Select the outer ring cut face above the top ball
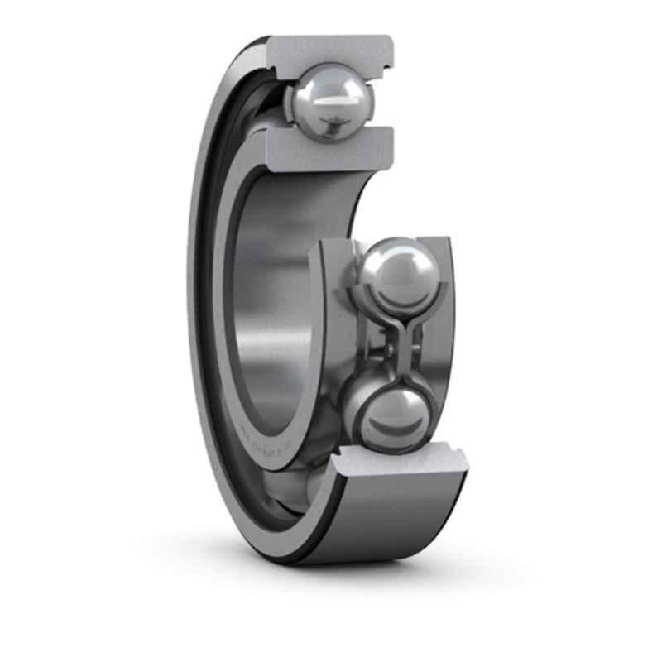[331, 51]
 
